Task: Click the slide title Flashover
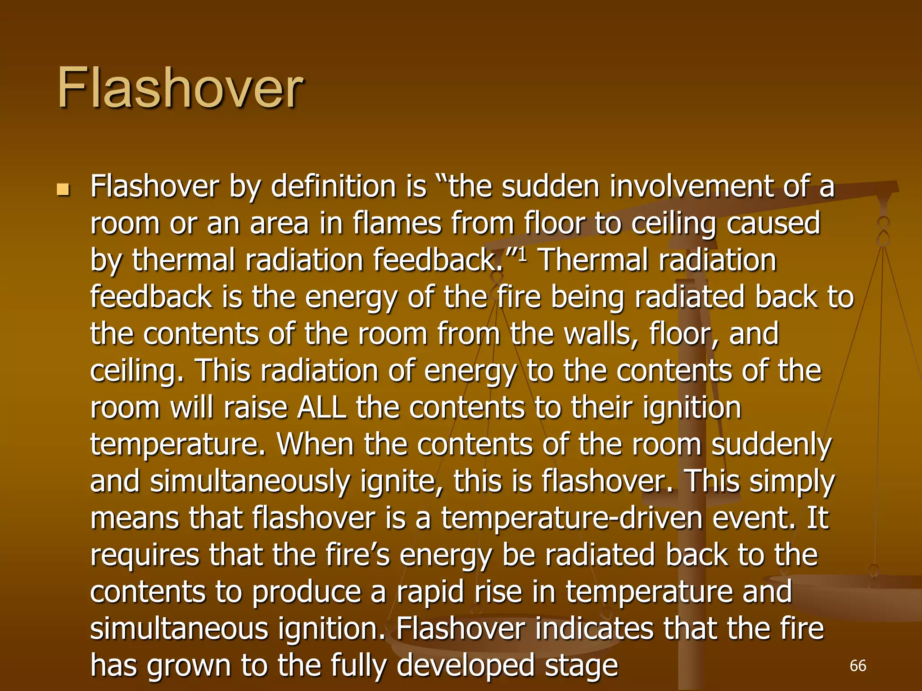pos(180,88)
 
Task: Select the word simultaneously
pos(250,481)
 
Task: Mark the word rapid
pos(430,592)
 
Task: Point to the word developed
pos(465,666)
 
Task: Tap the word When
pos(315,444)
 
